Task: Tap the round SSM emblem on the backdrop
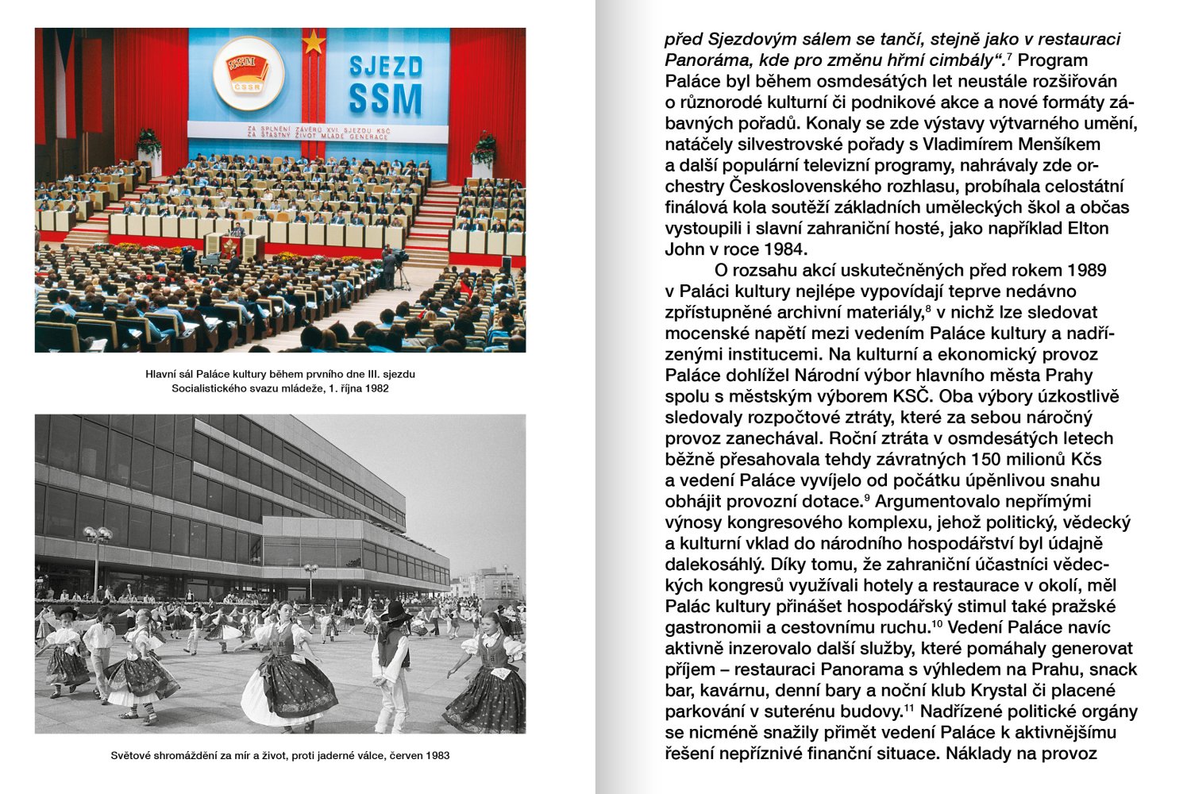pos(249,73)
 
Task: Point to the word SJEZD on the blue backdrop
pos(385,66)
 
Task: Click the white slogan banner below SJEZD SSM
pos(318,132)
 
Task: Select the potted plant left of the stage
pos(148,144)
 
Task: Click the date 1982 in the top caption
pos(376,389)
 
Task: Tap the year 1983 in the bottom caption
pos(436,755)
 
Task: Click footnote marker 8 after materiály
pos(928,307)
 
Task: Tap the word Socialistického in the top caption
pos(210,389)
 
